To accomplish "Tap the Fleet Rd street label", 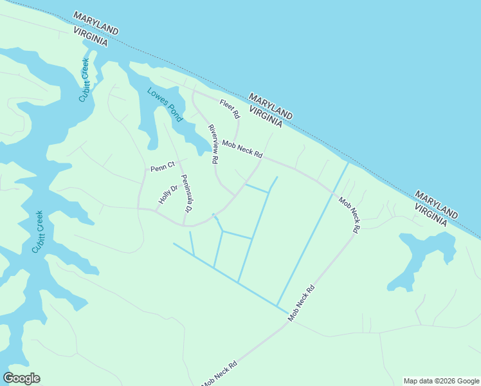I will (x=230, y=109).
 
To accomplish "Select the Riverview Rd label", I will (x=213, y=143).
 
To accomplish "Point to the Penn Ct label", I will (x=162, y=168).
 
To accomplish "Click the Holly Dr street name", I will (x=168, y=195).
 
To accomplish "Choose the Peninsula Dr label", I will (x=186, y=194).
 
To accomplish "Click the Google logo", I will (x=22, y=378).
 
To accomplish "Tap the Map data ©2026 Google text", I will (x=440, y=381).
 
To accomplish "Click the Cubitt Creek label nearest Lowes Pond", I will (x=84, y=80).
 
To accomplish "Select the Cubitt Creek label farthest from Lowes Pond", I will (x=38, y=232).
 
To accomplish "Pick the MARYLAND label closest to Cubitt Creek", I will (x=96, y=23).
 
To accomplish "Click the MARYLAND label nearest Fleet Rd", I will (x=271, y=106).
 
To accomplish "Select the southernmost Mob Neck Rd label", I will (x=220, y=374).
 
